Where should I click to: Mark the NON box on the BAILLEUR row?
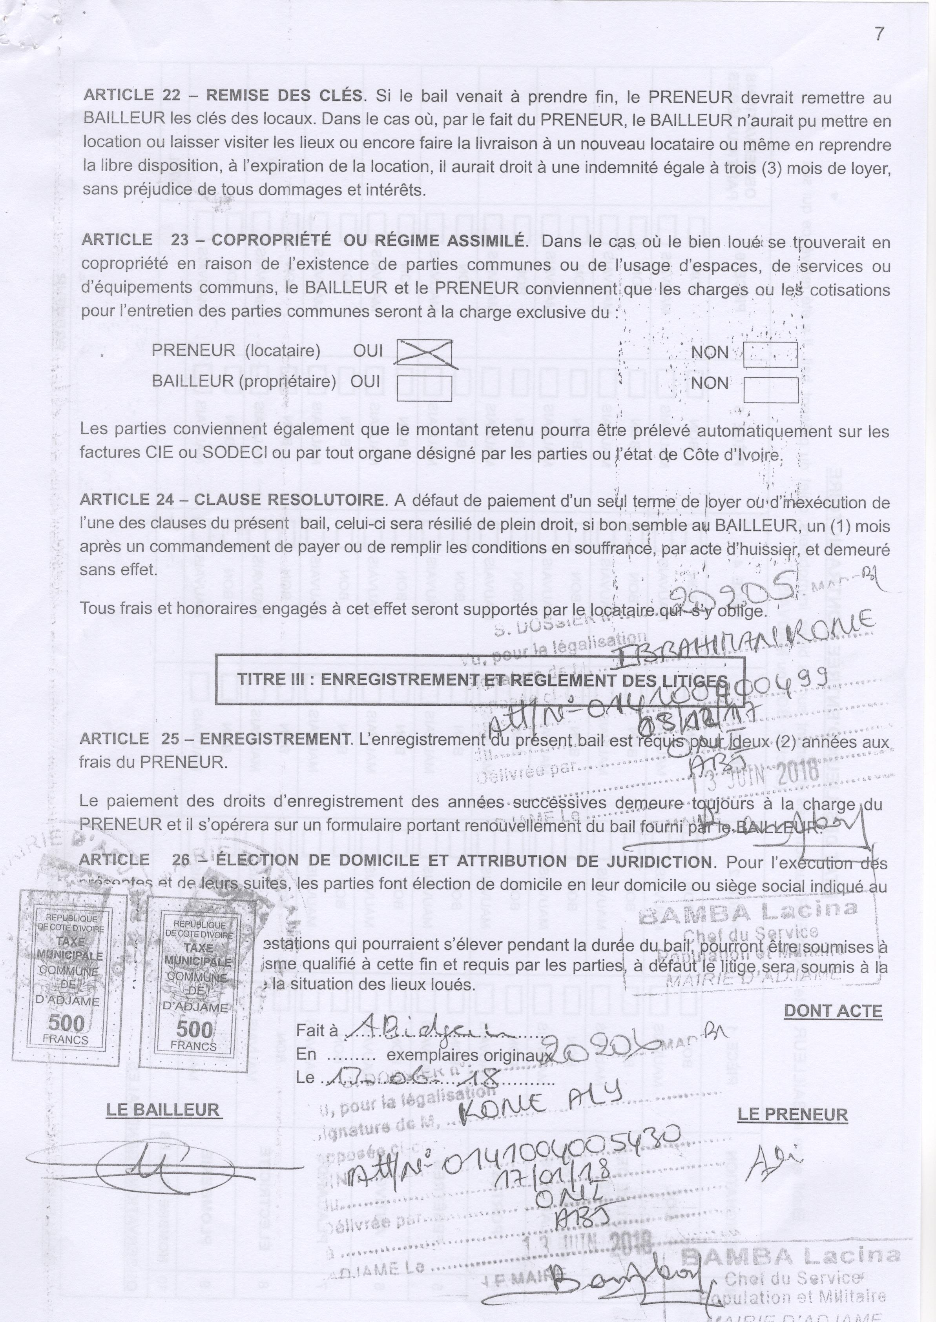pos(771,390)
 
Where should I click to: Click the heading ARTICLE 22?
pos(132,95)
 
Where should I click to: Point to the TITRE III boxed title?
pos(480,680)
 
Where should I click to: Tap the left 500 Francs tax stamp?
pos(69,979)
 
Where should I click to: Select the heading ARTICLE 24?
pos(127,499)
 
